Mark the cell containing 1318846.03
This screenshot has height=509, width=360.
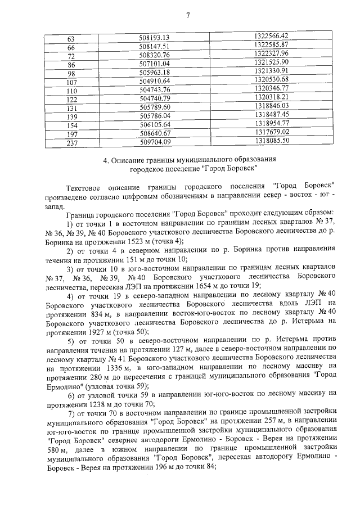point(271,106)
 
